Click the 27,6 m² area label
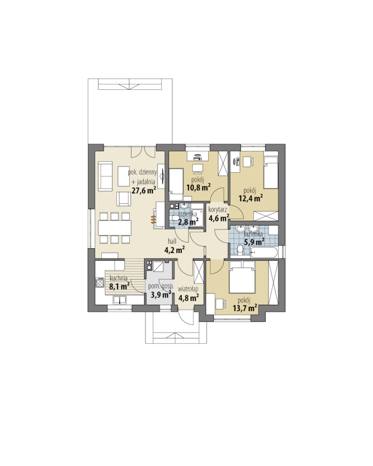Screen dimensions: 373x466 [x=143, y=191]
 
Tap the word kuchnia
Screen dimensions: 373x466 [x=119, y=279]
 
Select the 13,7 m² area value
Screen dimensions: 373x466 [x=245, y=308]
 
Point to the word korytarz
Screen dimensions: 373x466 [x=218, y=210]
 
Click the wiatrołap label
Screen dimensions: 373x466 [x=188, y=289]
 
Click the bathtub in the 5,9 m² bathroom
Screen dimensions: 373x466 [x=264, y=253]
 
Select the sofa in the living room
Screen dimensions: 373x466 [x=105, y=176]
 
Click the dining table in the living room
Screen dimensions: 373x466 [x=115, y=227]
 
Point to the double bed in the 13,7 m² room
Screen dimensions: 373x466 [x=242, y=277]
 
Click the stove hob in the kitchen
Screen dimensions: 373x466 [x=100, y=282]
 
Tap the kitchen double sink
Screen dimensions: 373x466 [x=119, y=300]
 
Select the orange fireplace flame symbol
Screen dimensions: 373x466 [x=153, y=219]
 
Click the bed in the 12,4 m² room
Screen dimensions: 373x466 [x=271, y=173]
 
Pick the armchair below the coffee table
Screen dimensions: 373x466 [x=123, y=199]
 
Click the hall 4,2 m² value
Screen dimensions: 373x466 [x=175, y=250]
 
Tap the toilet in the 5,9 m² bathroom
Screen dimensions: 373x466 [x=240, y=251]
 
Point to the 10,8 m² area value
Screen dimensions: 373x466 [x=198, y=187]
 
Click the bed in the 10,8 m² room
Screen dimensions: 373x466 [x=176, y=184]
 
